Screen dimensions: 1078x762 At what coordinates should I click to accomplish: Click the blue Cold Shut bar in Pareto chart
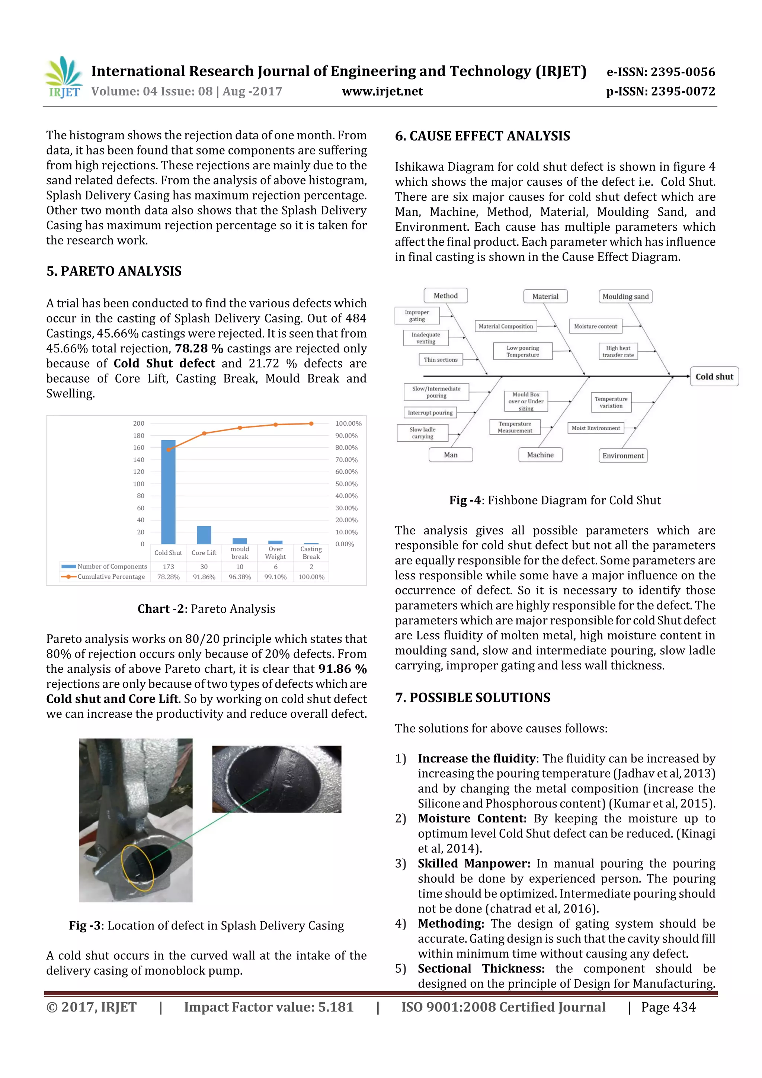click(x=168, y=492)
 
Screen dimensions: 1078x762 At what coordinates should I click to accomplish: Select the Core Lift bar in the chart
click(x=204, y=535)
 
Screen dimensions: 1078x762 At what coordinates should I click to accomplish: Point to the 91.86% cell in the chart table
click(x=204, y=577)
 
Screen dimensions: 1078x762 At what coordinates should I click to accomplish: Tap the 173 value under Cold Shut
click(x=168, y=567)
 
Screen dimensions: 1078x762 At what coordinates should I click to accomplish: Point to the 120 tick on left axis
click(x=138, y=471)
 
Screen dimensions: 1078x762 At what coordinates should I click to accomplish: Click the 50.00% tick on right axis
click(x=346, y=484)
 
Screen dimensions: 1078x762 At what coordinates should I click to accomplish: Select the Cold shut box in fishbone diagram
click(x=714, y=377)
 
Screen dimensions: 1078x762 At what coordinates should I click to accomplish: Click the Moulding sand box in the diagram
click(x=625, y=296)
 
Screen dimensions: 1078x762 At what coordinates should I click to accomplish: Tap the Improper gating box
click(x=417, y=316)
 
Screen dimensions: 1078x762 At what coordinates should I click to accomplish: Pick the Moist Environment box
click(x=596, y=428)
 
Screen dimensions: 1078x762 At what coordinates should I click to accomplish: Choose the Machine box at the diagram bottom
click(x=540, y=455)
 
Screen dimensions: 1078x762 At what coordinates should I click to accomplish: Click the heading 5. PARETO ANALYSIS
click(x=114, y=271)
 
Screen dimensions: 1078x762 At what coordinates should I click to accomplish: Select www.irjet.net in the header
click(x=382, y=92)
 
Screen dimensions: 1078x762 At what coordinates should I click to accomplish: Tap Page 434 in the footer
click(x=668, y=1007)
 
